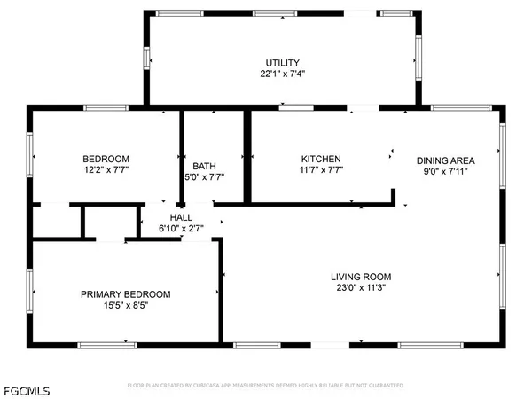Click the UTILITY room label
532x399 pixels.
pyautogui.click(x=282, y=62)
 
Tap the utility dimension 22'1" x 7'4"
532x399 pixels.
pyautogui.click(x=282, y=74)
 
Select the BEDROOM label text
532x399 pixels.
pyautogui.click(x=106, y=159)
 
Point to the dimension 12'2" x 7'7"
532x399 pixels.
pyautogui.click(x=106, y=171)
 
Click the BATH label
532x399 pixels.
pyautogui.click(x=204, y=165)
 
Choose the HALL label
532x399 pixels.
pyautogui.click(x=181, y=217)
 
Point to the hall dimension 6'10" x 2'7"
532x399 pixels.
pyautogui.click(x=181, y=229)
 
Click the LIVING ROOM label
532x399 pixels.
pyautogui.click(x=359, y=276)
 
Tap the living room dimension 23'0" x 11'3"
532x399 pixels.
pyautogui.click(x=359, y=287)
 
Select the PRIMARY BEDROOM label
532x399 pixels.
pyautogui.click(x=125, y=294)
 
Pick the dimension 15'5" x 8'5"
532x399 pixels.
pyautogui.click(x=125, y=306)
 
